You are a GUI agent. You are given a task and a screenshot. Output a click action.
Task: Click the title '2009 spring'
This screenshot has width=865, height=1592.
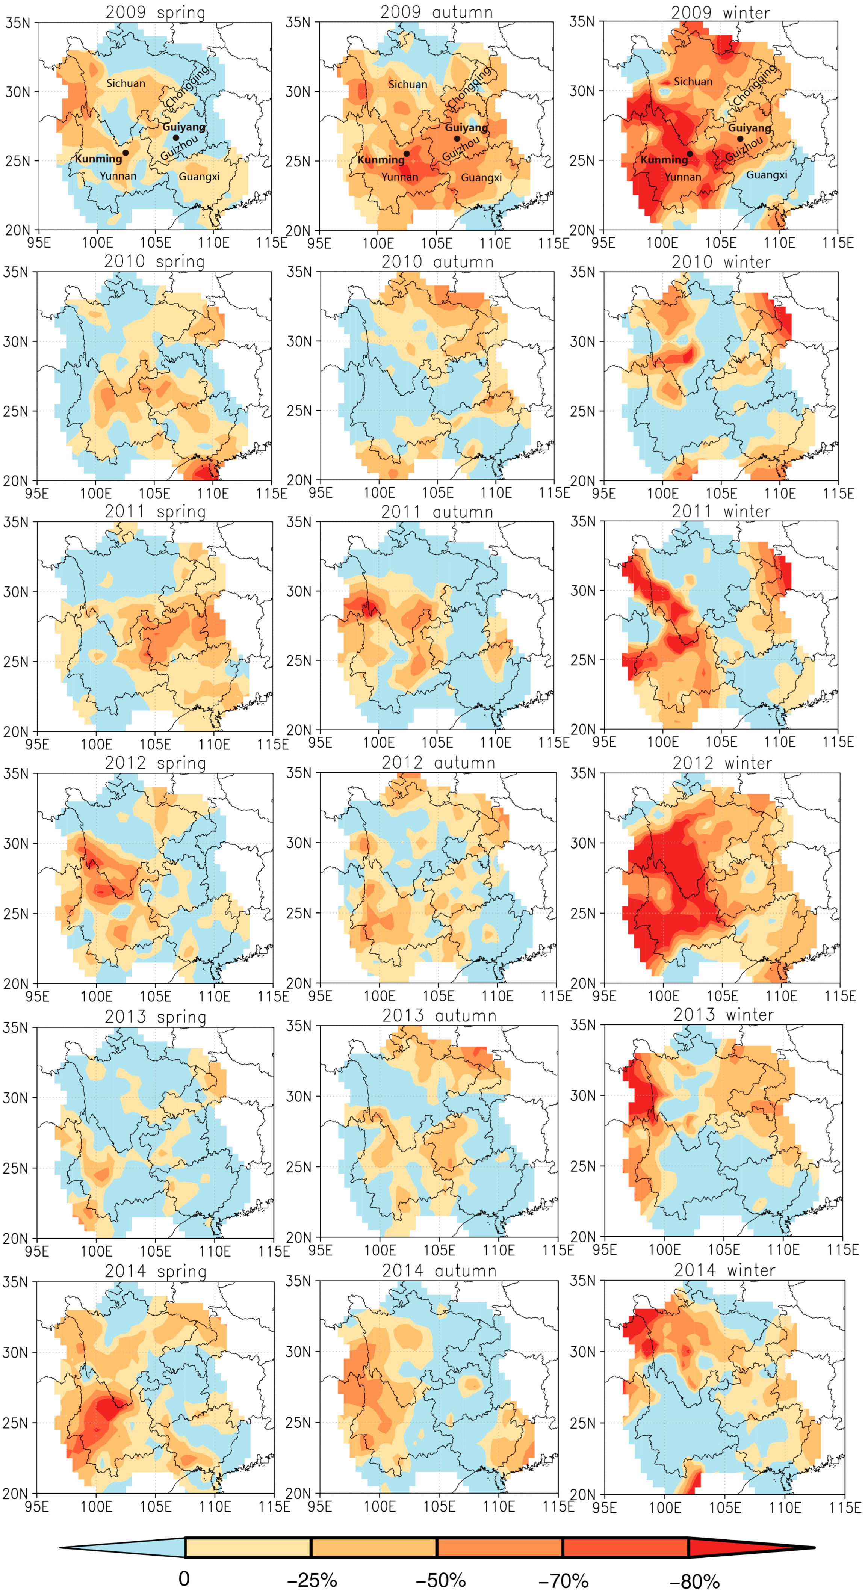click(x=155, y=12)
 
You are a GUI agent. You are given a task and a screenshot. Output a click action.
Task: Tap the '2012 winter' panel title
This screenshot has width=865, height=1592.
click(x=722, y=763)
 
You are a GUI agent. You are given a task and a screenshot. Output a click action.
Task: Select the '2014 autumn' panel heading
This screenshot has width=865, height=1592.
click(x=439, y=1271)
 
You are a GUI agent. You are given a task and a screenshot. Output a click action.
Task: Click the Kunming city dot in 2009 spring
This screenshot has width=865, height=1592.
click(x=126, y=153)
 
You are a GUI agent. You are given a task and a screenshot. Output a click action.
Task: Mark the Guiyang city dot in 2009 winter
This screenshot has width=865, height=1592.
click(x=740, y=139)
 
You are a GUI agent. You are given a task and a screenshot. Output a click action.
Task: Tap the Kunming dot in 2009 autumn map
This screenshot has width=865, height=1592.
click(x=406, y=153)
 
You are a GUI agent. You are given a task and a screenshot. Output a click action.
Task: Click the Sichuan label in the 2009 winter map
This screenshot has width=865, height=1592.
click(x=693, y=82)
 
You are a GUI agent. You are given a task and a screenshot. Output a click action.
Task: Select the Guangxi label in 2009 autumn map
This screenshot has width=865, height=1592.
click(x=481, y=178)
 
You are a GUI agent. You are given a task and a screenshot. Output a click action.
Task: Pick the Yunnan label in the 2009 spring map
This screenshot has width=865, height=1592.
click(x=118, y=176)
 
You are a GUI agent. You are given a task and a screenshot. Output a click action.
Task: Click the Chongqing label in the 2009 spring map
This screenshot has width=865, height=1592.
click(x=187, y=86)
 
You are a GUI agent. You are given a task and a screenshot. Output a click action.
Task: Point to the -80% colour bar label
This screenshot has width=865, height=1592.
click(x=694, y=1581)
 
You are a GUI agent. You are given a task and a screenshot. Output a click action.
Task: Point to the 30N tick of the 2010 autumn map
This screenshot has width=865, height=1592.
click(x=299, y=341)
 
